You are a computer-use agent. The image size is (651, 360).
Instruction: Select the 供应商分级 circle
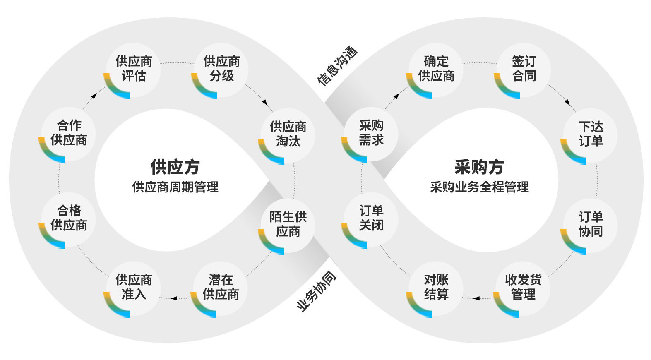[221, 69]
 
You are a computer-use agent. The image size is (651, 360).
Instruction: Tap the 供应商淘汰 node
[288, 134]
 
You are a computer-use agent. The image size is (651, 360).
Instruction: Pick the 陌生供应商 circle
[288, 224]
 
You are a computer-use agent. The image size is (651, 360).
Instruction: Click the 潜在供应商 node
[221, 288]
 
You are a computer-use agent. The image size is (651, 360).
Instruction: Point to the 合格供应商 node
[69, 218]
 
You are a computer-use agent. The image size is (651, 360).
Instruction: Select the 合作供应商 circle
[69, 133]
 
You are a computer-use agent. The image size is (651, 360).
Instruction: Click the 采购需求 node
[371, 133]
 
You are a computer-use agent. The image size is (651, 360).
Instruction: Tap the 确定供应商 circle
[436, 69]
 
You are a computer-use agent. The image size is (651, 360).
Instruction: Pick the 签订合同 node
[524, 69]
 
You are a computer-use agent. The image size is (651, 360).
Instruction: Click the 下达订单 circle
[591, 134]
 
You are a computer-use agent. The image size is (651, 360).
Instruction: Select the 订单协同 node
[591, 224]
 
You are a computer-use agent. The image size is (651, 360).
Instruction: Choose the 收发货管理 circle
[523, 288]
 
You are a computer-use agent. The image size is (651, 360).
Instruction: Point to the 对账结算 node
[436, 288]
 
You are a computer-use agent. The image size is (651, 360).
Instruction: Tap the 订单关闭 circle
[371, 218]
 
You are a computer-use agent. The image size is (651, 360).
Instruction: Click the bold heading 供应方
[175, 167]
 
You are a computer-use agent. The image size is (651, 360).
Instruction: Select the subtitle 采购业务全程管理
[479, 187]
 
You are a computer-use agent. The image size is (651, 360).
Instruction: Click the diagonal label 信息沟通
[337, 66]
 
